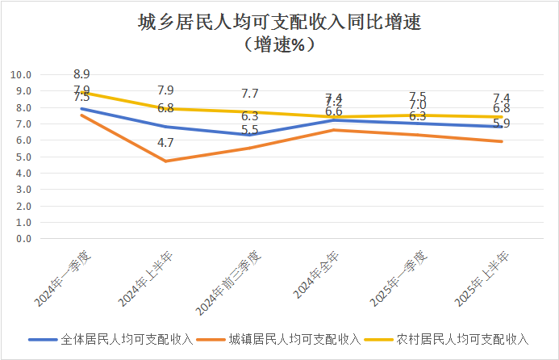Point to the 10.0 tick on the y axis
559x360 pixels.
(x=21, y=75)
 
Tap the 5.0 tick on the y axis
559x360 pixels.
(x=23, y=157)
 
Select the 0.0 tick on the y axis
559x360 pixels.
(x=23, y=239)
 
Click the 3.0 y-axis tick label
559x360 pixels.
(x=23, y=190)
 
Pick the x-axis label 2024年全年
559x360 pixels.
(x=315, y=278)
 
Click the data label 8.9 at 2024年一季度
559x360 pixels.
(x=81, y=75)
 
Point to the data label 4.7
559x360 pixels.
(x=166, y=143)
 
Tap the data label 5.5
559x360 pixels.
(x=250, y=130)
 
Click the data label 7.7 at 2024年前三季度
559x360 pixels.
(x=250, y=94)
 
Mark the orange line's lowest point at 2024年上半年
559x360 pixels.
(x=166, y=161)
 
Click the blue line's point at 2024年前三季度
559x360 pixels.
(x=250, y=135)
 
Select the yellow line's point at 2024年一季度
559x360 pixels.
(x=81, y=92)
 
